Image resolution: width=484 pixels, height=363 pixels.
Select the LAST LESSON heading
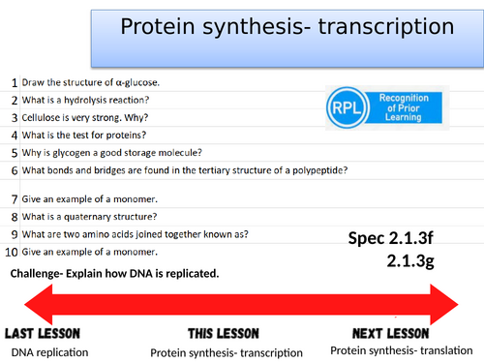coord(46,333)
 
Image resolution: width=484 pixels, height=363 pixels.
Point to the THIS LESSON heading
coord(215,334)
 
